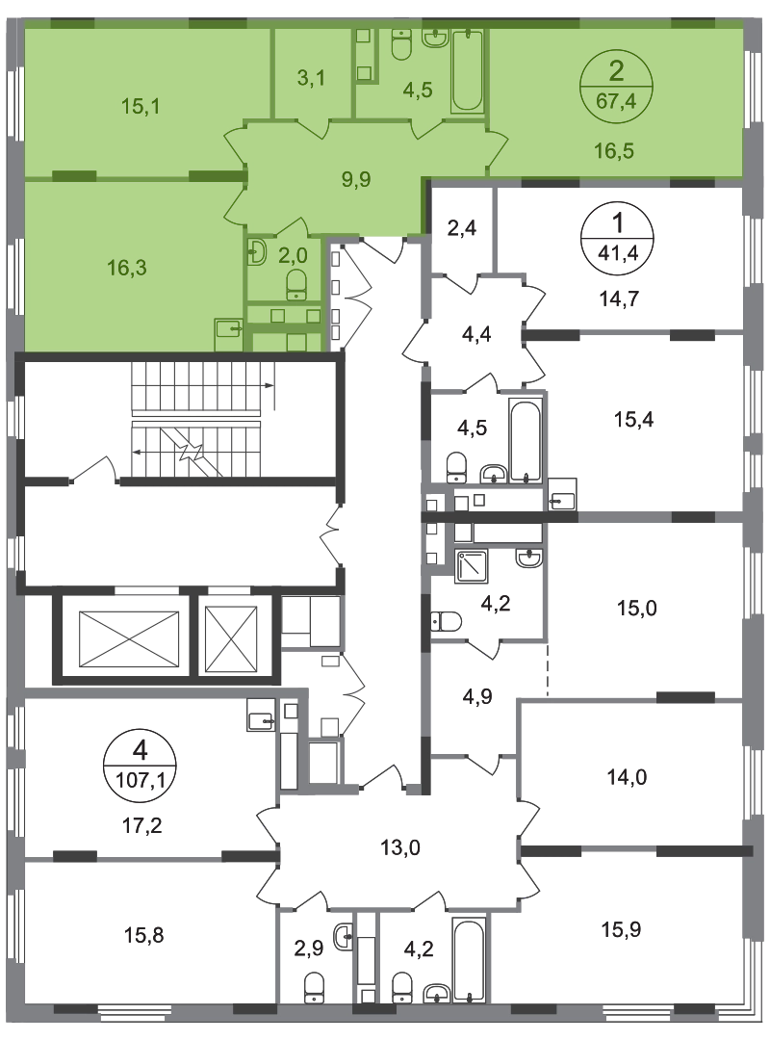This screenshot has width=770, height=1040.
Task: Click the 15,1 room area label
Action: pyautogui.click(x=140, y=106)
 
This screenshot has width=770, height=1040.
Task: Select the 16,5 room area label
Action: pyautogui.click(x=615, y=149)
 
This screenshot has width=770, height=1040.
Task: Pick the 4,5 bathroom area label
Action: pyautogui.click(x=418, y=91)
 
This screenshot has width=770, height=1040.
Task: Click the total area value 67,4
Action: pyautogui.click(x=615, y=96)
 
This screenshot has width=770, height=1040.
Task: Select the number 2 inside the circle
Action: pyautogui.click(x=616, y=67)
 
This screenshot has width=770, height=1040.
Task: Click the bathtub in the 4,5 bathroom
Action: pyautogui.click(x=468, y=70)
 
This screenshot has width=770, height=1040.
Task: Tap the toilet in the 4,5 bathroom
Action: pyautogui.click(x=401, y=42)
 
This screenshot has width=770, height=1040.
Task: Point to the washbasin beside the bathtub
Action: pyautogui.click(x=435, y=39)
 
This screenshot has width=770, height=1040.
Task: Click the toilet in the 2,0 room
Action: pyautogui.click(x=296, y=281)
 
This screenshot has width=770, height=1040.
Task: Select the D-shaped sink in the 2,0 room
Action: pyautogui.click(x=256, y=252)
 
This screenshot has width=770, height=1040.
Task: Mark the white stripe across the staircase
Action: pyautogui.click(x=196, y=417)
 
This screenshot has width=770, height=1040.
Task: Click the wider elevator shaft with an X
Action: pyautogui.click(x=129, y=637)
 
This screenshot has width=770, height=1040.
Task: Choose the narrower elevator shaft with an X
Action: pyautogui.click(x=232, y=637)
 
